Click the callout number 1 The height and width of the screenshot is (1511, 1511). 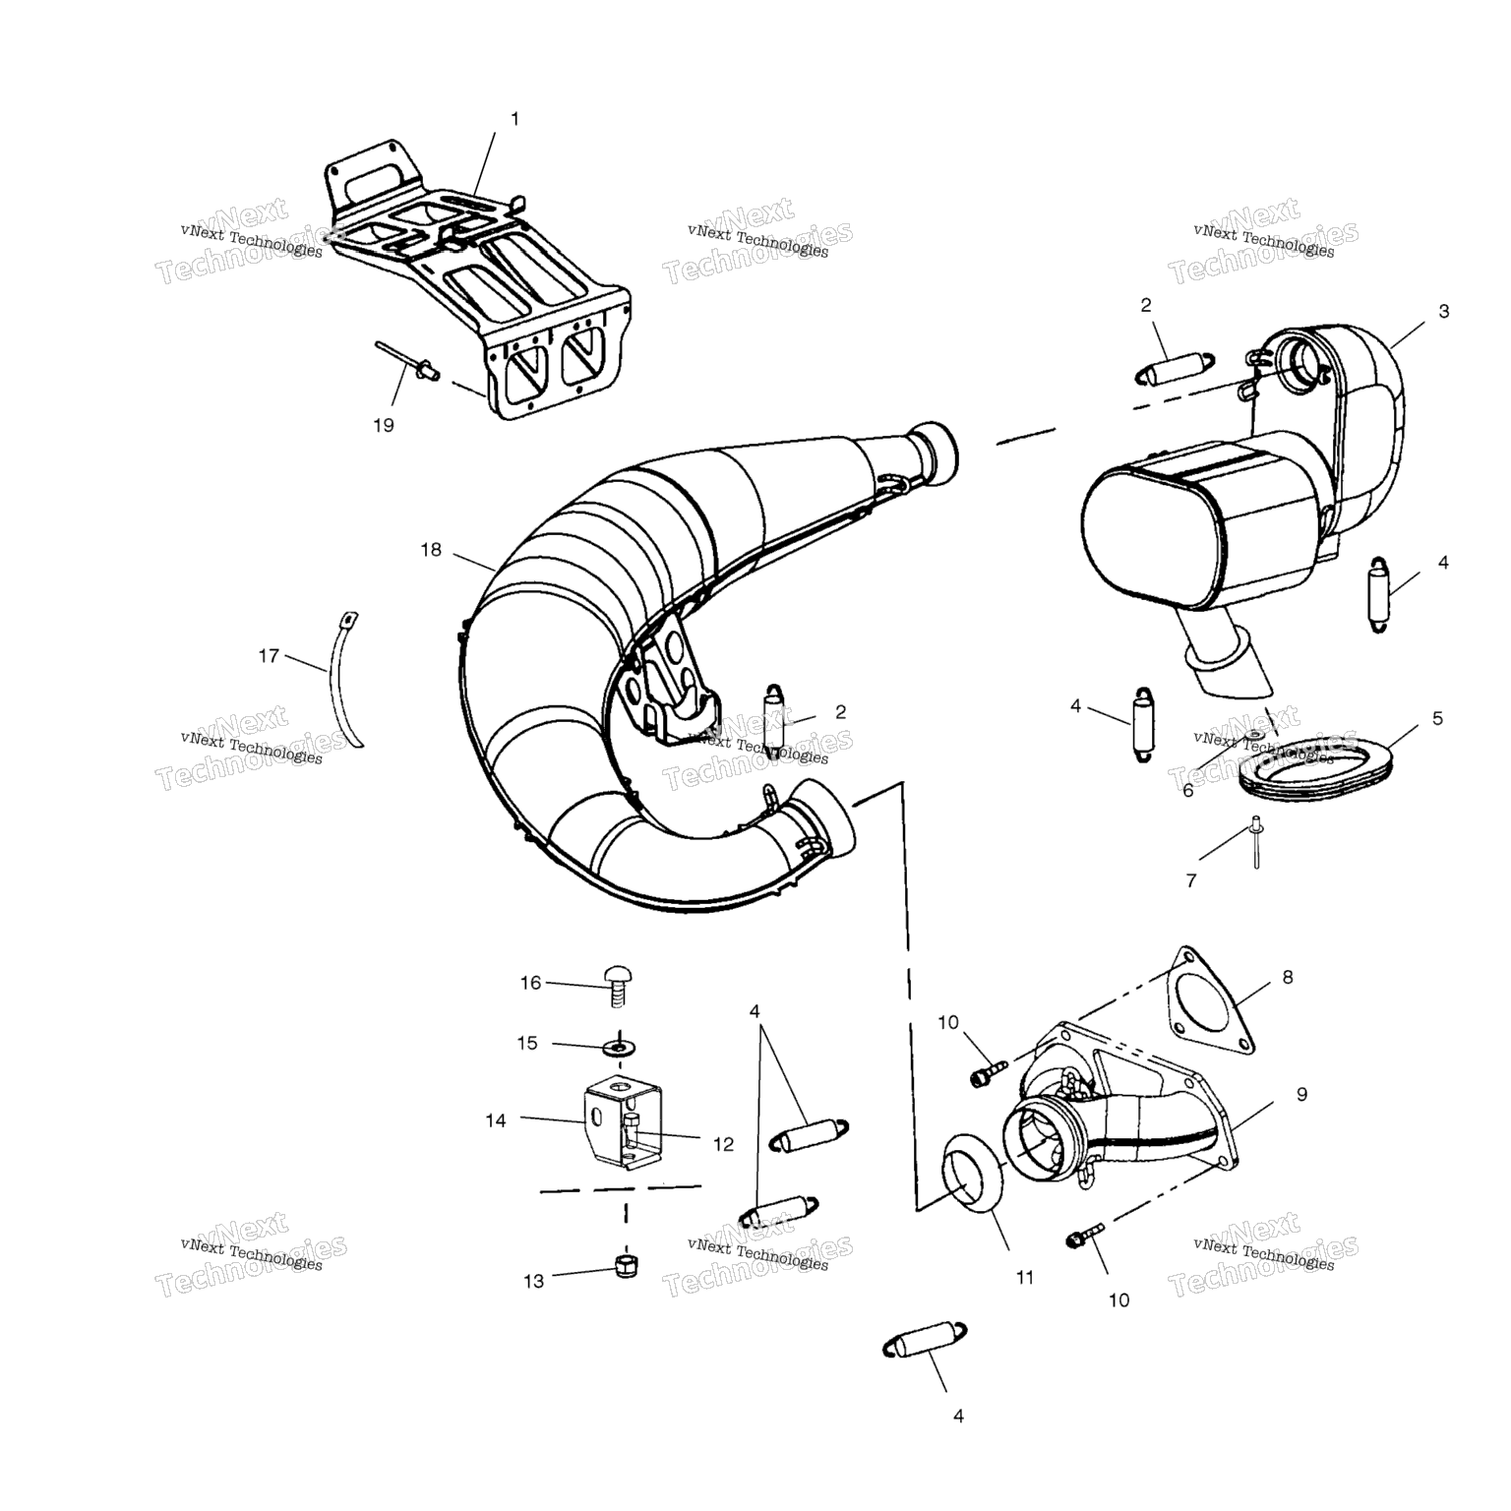[x=514, y=119]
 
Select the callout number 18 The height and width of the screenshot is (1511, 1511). [x=431, y=550]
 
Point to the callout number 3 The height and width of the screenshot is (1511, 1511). [x=1443, y=312]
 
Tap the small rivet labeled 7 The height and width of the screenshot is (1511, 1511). [x=1255, y=842]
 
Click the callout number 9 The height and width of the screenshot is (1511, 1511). [x=1301, y=1094]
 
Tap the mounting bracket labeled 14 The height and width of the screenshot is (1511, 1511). [x=622, y=1120]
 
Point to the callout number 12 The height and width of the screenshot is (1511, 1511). [x=723, y=1144]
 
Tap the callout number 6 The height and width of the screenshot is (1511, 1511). [x=1187, y=790]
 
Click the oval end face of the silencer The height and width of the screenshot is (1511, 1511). [x=1154, y=536]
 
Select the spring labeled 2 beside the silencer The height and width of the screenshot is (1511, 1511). [x=1176, y=367]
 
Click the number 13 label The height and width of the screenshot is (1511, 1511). [x=533, y=1282]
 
